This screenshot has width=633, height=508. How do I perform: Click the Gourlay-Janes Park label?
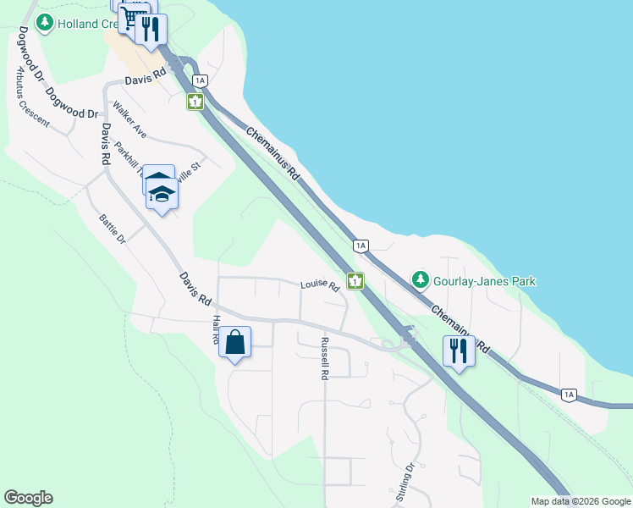pyautogui.click(x=486, y=280)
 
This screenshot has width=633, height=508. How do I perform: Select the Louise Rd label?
pyautogui.click(x=319, y=285)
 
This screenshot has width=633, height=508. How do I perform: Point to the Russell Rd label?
pyautogui.click(x=323, y=358)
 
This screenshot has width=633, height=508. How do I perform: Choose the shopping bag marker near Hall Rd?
pyautogui.click(x=235, y=344)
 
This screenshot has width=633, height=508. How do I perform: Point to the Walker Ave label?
pyautogui.click(x=130, y=122)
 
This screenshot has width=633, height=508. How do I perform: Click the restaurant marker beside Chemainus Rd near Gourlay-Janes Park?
pyautogui.click(x=459, y=351)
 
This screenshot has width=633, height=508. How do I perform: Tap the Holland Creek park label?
pyautogui.click(x=91, y=23)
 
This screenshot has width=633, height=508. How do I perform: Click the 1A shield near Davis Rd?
pyautogui.click(x=200, y=80)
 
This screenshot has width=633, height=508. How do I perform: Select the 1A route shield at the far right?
pyautogui.click(x=569, y=395)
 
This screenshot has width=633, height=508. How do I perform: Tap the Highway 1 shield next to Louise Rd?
pyautogui.click(x=356, y=280)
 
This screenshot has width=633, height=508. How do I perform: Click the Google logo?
pyautogui.click(x=28, y=498)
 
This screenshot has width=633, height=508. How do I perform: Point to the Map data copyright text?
pyautogui.click(x=580, y=501)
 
